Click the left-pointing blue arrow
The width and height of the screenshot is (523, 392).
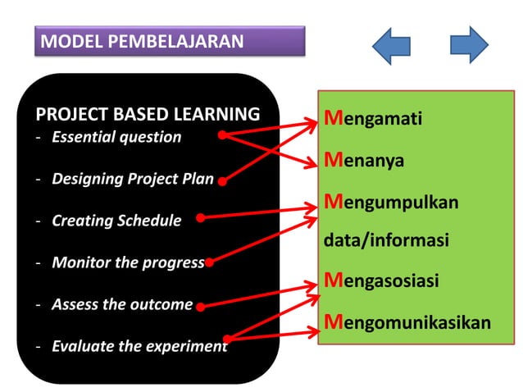pyautogui.click(x=391, y=45)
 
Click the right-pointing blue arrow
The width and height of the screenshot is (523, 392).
pyautogui.click(x=469, y=45)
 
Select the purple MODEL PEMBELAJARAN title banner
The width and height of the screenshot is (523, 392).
pyautogui.click(x=170, y=41)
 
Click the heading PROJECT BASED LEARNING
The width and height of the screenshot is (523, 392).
pyautogui.click(x=148, y=114)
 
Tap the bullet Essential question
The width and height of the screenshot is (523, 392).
pyautogui.click(x=116, y=137)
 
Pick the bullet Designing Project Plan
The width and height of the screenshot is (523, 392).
pyautogui.click(x=133, y=179)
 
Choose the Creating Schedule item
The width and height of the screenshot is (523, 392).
pyautogui.click(x=116, y=221)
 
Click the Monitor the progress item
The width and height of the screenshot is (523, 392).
pyautogui.click(x=128, y=262)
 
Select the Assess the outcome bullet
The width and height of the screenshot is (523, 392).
pyautogui.click(x=122, y=304)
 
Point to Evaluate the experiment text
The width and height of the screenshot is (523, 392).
pyautogui.click(x=139, y=346)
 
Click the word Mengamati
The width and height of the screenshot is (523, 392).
pyautogui.click(x=373, y=119)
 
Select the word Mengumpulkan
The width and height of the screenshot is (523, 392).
pyautogui.click(x=391, y=201)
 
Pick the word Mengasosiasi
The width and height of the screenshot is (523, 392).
pyautogui.click(x=381, y=280)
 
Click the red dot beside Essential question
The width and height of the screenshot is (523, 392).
pyautogui.click(x=222, y=134)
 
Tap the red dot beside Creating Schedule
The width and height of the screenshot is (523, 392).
pyautogui.click(x=200, y=218)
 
